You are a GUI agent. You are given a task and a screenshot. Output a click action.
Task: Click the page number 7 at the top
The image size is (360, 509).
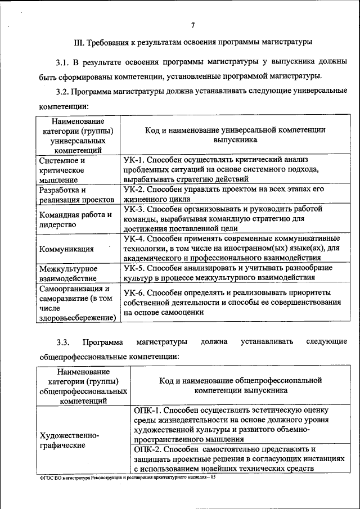click(x=192, y=25)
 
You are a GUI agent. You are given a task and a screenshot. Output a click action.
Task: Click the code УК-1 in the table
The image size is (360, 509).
click(x=134, y=160)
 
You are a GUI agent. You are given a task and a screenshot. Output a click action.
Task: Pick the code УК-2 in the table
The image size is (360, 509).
click(x=134, y=190)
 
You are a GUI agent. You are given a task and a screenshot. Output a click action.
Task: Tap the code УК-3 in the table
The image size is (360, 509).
click(x=134, y=209)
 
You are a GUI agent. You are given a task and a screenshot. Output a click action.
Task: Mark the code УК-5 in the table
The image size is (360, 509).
click(x=134, y=268)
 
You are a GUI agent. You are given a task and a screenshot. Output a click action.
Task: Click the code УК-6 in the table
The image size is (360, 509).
click(x=134, y=293)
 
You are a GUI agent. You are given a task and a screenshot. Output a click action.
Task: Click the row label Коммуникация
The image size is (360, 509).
click(x=66, y=249)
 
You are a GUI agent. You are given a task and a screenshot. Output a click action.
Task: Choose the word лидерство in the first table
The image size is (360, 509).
click(x=57, y=224)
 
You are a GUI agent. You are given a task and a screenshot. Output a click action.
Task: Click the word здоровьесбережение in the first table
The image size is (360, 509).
click(x=76, y=318)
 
